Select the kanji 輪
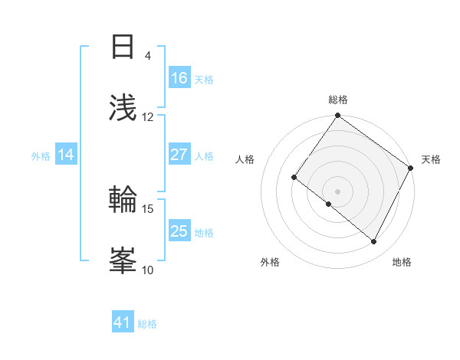tap(123, 199)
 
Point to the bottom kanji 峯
tap(123, 260)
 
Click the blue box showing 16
tap(179, 78)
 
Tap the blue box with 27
tap(179, 155)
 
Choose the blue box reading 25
tap(179, 231)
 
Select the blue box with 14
tap(66, 155)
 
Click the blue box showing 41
tap(123, 322)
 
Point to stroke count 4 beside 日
tap(148, 55)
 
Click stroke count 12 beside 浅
tap(148, 116)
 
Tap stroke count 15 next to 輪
tap(148, 208)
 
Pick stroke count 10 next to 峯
tap(148, 270)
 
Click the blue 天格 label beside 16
tap(204, 79)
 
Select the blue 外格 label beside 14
tap(41, 155)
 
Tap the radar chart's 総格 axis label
tap(338, 100)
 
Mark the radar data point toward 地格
tap(374, 242)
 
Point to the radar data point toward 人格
tap(294, 178)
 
